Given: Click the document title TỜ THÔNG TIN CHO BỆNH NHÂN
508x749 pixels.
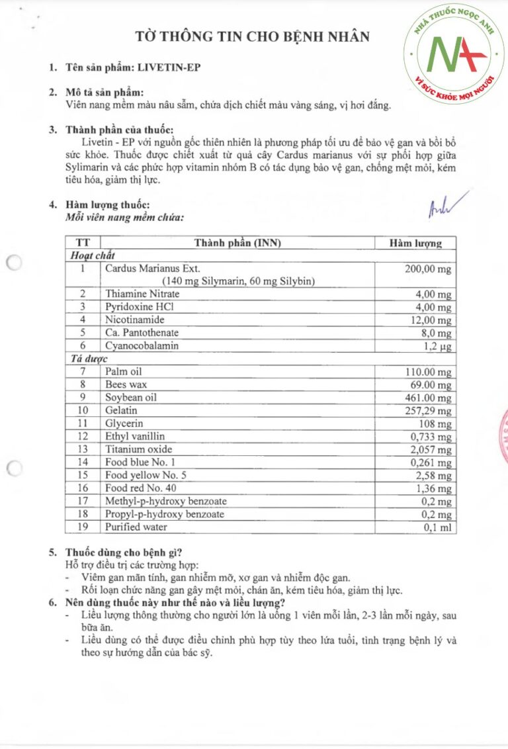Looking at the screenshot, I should [252, 36].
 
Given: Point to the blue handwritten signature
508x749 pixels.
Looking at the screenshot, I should [446, 204].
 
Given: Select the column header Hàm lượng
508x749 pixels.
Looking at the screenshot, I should [415, 243].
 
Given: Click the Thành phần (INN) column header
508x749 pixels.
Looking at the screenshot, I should [237, 243].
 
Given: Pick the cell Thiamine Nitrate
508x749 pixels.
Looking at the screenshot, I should [142, 294].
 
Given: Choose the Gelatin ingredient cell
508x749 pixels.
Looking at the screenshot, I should [121, 410].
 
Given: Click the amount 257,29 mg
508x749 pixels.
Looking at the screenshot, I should [429, 411].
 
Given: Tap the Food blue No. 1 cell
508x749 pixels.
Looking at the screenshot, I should [140, 462].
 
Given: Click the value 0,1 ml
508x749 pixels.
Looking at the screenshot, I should [441, 527].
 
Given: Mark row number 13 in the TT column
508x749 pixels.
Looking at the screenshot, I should [83, 449].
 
